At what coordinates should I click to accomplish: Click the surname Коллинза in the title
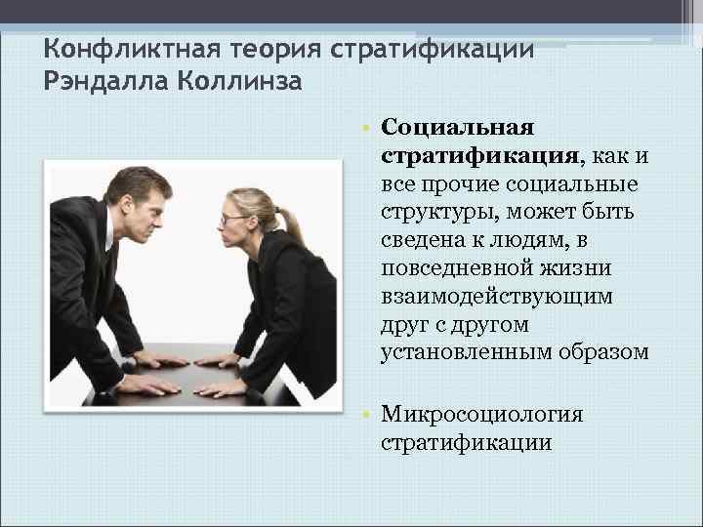tap(240, 80)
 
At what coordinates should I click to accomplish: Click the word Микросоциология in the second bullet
tap(482, 414)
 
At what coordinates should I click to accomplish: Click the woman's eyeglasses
tap(232, 219)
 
